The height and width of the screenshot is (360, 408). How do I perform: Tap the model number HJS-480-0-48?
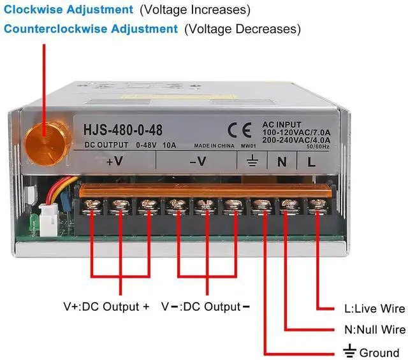click(123, 131)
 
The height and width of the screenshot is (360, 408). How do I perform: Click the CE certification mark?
click(240, 129)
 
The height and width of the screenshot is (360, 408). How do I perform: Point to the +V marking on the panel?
click(114, 161)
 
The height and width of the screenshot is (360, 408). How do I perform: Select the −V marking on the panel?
click(198, 161)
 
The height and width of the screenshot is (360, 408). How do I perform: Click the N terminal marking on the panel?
click(281, 161)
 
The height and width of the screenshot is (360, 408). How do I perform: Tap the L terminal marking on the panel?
click(311, 161)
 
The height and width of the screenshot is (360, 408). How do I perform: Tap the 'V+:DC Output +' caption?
click(106, 306)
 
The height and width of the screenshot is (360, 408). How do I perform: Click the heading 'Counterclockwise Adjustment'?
click(91, 29)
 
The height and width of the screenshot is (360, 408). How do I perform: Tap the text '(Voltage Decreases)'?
click(242, 29)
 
